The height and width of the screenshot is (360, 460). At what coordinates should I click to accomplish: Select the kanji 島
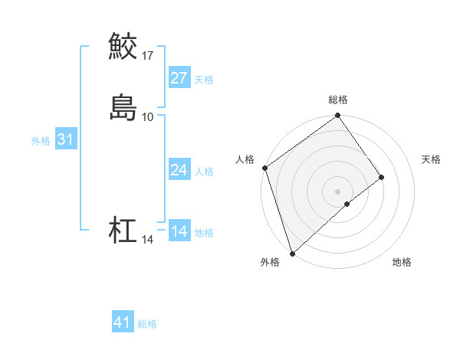pos(123,107)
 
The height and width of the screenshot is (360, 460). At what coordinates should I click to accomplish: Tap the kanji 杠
pos(123,230)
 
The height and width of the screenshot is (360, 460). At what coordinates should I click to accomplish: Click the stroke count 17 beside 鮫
pos(148,55)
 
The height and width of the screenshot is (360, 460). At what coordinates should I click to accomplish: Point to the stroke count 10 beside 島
pos(148,116)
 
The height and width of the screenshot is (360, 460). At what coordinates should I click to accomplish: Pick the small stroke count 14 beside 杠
pos(148,240)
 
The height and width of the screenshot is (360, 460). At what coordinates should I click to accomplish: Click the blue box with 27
pos(179,78)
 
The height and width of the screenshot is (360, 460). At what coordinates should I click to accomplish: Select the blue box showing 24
pos(179,170)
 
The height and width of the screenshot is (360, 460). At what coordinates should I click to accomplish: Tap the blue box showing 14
pos(179,231)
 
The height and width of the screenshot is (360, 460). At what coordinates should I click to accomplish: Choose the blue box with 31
pos(65,139)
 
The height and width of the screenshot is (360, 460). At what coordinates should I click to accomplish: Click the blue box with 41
pos(122,322)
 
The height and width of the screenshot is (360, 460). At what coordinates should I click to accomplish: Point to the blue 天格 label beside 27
pos(204,80)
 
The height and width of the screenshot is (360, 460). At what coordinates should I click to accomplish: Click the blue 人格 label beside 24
pos(204,172)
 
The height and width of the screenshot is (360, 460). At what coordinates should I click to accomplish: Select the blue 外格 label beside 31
pos(40,141)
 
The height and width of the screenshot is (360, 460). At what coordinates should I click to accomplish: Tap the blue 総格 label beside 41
pos(147,324)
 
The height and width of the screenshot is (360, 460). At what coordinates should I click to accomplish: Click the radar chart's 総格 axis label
pos(338,100)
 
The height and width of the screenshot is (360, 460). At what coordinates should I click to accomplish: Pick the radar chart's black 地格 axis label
pos(402,262)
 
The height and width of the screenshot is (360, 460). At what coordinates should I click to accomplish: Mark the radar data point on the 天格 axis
pos(382,177)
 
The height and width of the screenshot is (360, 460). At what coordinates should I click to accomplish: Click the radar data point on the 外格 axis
pos(291,253)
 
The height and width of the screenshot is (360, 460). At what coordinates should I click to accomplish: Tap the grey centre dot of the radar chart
pos(338,191)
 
